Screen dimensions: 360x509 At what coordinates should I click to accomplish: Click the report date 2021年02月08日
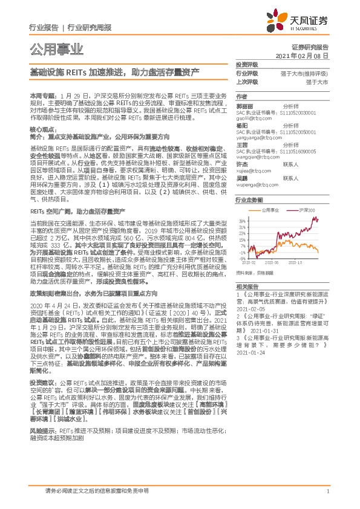(305, 55)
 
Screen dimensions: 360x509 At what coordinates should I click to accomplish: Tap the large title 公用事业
(56, 48)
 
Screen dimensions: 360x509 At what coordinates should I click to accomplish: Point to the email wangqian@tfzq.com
(252, 155)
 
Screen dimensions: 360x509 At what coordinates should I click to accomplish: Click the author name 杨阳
(241, 123)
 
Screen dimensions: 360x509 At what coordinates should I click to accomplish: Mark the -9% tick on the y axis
(243, 255)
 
